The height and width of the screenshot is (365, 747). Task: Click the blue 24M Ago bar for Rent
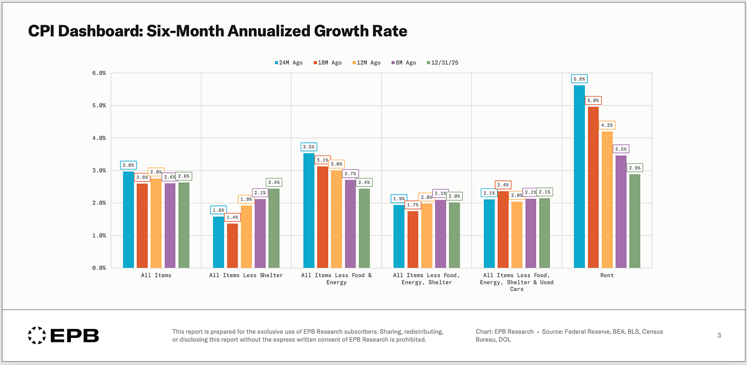pos(579,177)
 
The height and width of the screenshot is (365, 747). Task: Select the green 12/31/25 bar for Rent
pos(635,221)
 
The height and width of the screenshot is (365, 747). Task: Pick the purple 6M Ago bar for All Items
pos(170,225)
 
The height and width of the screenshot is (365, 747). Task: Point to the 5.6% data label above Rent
pos(579,79)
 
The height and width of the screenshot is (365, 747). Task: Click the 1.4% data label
pos(232,218)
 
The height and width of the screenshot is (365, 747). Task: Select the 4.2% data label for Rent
pos(607,125)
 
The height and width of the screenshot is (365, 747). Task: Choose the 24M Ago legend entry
pos(289,63)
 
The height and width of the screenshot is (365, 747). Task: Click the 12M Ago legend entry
pos(366,63)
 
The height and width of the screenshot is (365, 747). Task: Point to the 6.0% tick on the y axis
pos(99,73)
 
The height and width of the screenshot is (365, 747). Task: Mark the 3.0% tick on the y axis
pos(99,170)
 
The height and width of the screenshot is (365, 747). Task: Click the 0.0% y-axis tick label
pos(99,268)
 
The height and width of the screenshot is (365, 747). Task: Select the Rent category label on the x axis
pos(606,276)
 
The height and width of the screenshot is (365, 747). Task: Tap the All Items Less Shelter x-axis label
pos(246,276)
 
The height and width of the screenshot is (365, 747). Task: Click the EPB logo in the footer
pos(63,336)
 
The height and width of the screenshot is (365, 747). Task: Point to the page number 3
pos(719,335)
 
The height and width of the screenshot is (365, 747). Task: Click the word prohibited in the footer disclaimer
pos(410,340)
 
